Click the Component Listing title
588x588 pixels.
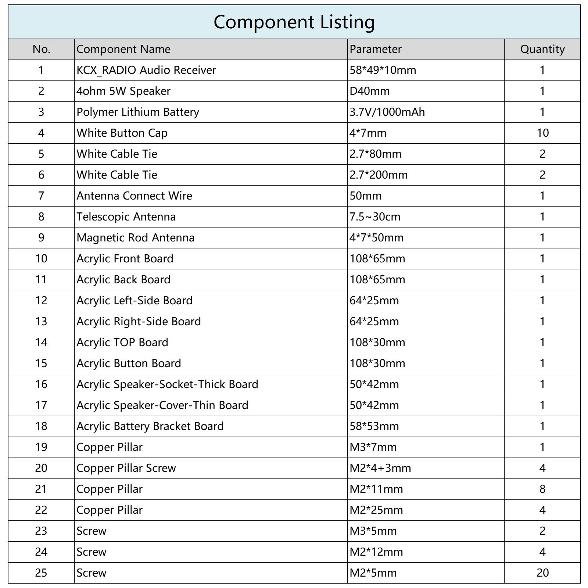294,22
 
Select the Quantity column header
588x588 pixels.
542,49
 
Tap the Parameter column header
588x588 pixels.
376,49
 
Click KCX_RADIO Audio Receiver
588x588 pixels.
146,70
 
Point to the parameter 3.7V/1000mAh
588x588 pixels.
387,112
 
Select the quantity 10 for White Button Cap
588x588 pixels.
542,133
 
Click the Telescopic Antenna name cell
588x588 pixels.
126,217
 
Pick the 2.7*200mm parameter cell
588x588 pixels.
379,175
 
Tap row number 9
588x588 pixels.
41,238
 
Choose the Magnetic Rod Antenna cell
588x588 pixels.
135,238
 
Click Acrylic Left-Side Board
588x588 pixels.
135,301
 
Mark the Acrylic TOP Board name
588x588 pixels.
122,343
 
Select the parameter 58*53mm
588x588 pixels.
374,426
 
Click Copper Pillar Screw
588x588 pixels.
126,468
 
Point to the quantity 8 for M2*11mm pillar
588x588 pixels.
542,489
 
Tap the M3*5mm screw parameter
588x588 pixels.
373,531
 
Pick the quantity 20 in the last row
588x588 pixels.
542,573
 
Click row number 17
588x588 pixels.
41,405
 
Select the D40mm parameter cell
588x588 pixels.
369,91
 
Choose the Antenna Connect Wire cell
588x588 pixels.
134,196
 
